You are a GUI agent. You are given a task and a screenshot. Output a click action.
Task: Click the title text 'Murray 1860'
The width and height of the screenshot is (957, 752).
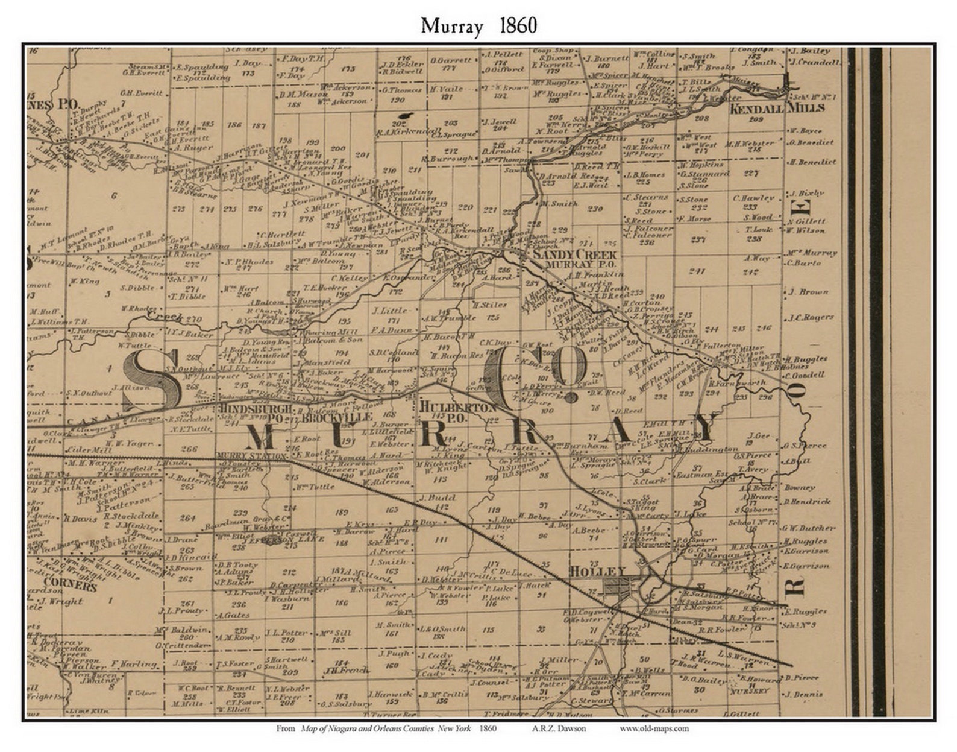479,26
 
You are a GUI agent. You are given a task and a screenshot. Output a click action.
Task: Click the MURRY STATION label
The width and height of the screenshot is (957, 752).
251,456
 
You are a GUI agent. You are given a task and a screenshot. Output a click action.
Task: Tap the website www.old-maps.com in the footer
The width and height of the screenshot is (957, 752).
654,728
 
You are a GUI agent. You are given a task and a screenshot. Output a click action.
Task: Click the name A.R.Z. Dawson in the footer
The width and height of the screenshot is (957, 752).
559,728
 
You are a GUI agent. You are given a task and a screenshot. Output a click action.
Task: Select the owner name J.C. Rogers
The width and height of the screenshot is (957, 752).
811,317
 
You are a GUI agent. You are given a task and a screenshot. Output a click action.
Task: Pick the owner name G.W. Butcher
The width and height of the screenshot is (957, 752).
808,528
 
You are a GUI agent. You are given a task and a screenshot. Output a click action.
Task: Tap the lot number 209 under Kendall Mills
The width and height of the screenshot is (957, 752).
756,119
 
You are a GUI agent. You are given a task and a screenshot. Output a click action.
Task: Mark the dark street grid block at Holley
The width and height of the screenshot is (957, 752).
618,585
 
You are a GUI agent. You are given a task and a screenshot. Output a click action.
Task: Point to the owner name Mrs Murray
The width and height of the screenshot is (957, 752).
812,253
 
